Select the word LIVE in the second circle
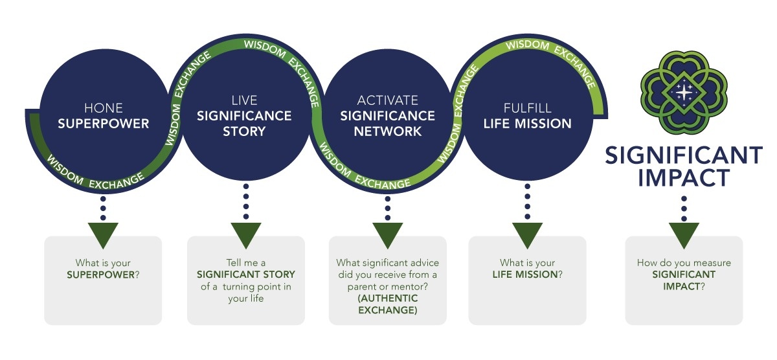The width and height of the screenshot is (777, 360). click(x=244, y=100)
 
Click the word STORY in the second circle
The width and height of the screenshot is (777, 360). click(x=244, y=131)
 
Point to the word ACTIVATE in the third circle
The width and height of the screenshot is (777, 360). click(x=387, y=100)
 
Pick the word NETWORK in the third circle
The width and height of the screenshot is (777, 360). click(x=387, y=131)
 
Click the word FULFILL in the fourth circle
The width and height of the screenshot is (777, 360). click(x=527, y=108)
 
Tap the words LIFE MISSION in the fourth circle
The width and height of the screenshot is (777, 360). click(x=527, y=123)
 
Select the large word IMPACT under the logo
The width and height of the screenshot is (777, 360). click(x=684, y=177)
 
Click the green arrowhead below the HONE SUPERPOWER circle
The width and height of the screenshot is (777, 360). click(x=103, y=235)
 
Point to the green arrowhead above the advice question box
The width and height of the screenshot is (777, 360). click(x=388, y=235)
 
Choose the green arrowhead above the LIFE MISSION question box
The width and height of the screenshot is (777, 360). click(x=527, y=235)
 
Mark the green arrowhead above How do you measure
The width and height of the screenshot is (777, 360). click(x=684, y=235)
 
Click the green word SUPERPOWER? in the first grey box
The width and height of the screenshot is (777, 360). click(x=104, y=275)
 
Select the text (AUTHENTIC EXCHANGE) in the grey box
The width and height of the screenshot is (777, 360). click(x=388, y=304)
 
